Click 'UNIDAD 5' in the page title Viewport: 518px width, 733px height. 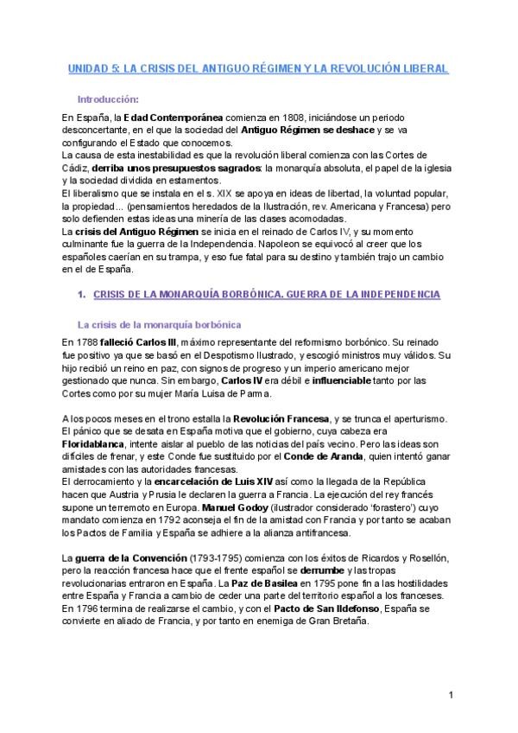[x=90, y=67]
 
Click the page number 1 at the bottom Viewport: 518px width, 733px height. [x=452, y=695]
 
